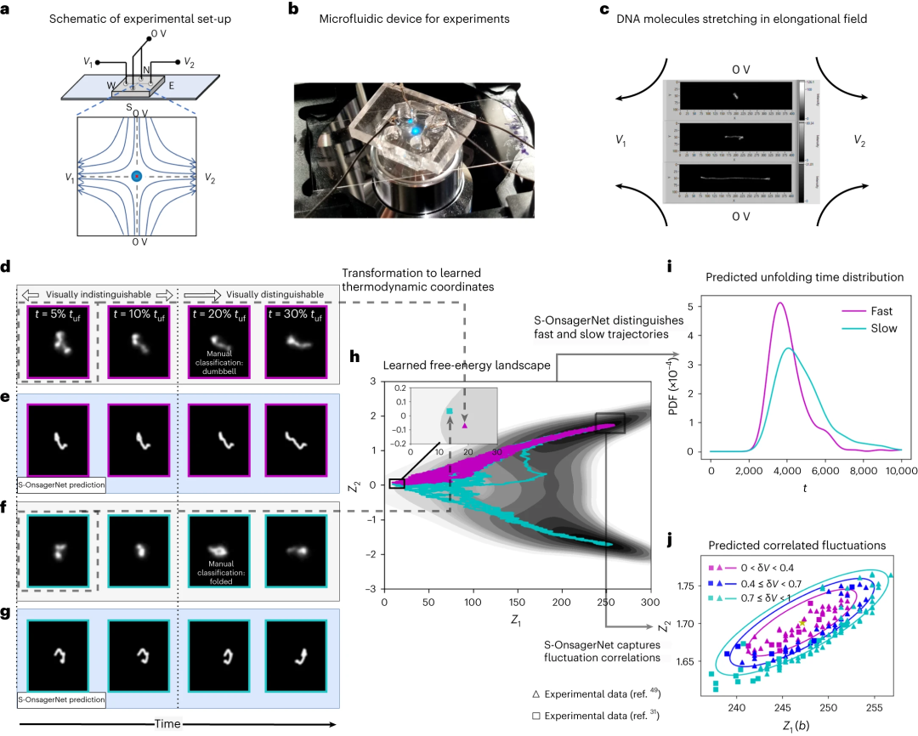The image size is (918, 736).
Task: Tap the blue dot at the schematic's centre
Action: [x=135, y=177]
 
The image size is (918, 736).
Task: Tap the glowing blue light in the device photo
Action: [x=416, y=124]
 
